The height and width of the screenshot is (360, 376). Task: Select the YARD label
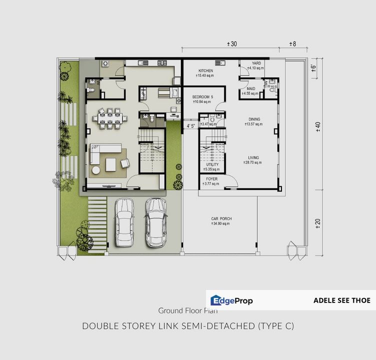[256, 63]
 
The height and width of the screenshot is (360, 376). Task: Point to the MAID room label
[250, 88]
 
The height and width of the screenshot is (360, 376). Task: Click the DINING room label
[254, 119]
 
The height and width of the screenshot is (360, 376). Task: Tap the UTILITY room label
[212, 164]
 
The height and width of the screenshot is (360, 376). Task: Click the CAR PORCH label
[221, 219]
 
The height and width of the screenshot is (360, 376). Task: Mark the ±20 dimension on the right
[317, 223]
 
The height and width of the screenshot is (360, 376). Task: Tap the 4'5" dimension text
[190, 126]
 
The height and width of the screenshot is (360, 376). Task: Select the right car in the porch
[155, 221]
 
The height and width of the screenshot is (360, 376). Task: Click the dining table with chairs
[109, 118]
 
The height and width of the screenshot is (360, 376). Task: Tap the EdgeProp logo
[231, 300]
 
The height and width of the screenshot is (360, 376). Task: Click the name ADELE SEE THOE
[342, 300]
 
